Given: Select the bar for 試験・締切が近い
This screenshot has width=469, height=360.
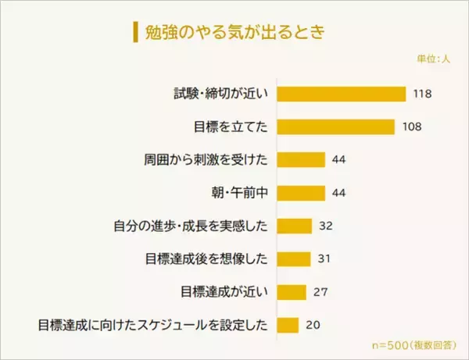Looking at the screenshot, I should (342, 94).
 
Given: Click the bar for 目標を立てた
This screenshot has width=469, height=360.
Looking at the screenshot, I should (336, 127).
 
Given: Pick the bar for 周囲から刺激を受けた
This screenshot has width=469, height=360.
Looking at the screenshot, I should (301, 160).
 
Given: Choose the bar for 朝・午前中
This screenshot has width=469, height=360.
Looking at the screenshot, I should (301, 193).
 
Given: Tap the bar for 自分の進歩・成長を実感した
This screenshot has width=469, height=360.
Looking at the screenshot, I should (295, 226).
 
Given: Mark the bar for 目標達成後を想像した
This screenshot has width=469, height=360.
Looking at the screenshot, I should (294, 258).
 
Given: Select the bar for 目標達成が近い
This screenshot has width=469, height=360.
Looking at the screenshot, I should (292, 291).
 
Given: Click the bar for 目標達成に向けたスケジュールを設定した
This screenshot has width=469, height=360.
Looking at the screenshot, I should (288, 324).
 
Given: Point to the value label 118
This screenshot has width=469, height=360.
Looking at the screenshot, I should (423, 94).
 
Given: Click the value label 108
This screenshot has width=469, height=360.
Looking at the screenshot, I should (412, 127).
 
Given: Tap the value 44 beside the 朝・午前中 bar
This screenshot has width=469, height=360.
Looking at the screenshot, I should (338, 193).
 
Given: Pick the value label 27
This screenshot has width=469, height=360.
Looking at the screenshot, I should (319, 291).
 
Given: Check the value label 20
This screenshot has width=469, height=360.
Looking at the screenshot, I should (313, 324).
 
